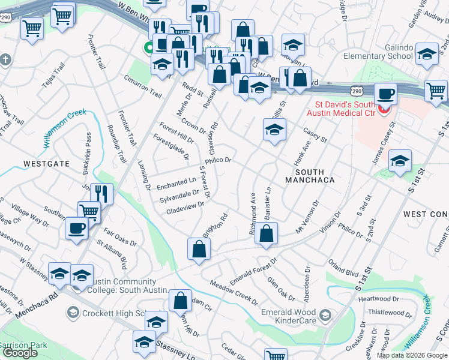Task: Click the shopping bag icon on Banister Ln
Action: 267,233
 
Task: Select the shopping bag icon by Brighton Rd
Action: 198,249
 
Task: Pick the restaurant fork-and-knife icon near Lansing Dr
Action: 101,193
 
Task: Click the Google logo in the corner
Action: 19,353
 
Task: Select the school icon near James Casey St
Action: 400,161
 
